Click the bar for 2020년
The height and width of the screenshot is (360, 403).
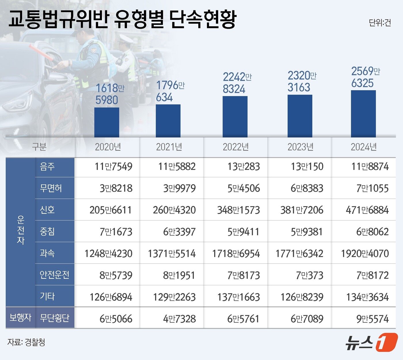coord(107,122)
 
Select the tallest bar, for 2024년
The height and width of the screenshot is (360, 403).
coord(363,114)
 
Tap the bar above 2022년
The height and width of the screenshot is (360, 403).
coord(235,117)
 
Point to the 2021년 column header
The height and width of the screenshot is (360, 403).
coord(169,147)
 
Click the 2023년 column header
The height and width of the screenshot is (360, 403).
coord(300,147)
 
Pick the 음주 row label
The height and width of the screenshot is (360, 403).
coord(47,166)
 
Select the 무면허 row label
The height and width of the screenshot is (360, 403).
coord(51,188)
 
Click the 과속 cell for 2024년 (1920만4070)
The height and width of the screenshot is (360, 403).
coord(365,253)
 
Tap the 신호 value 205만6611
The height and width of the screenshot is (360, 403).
coord(111,210)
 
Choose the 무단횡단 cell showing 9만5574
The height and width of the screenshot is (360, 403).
coord(372,319)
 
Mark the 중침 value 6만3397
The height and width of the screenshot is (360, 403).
coord(179,232)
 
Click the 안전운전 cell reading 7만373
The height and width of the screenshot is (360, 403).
coord(309,275)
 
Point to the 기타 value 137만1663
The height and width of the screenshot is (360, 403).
coord(238,297)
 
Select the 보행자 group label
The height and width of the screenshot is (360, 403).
coord(20,318)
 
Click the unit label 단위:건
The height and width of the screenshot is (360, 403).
coord(380,23)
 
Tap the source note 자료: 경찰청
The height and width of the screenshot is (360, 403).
coord(26,342)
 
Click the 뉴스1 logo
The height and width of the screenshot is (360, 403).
coord(371,342)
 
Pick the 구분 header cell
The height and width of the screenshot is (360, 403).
coord(39,147)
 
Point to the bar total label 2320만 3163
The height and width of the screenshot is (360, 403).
coord(301,82)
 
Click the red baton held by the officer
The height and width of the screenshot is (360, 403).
coord(40,52)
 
